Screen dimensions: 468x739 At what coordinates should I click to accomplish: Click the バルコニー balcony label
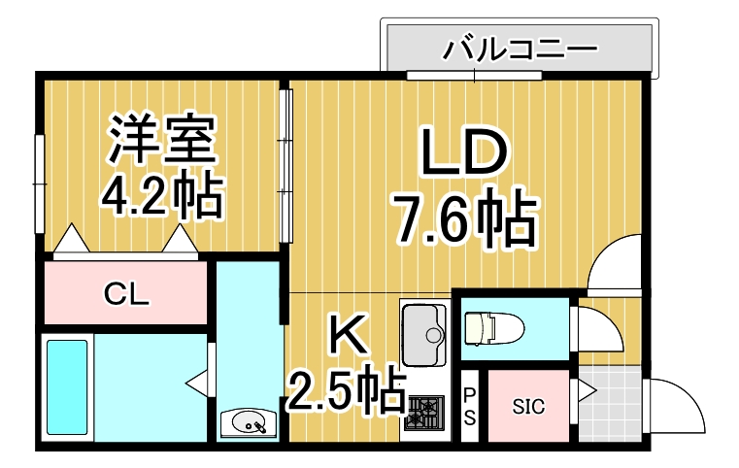[x=520, y=48]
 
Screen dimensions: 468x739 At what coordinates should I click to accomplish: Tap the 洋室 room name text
[x=161, y=142]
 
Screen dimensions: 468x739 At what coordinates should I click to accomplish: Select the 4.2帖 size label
[x=162, y=196]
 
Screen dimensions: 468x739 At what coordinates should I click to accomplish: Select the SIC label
[x=529, y=407]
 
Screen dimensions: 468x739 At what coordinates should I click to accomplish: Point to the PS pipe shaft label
[x=469, y=406]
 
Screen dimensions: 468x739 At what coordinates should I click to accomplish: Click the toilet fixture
[x=492, y=328]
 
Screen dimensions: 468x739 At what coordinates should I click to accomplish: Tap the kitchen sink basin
[x=423, y=329]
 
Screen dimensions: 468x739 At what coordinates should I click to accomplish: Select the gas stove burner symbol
[x=423, y=414]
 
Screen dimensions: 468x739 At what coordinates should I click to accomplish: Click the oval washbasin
[x=249, y=423]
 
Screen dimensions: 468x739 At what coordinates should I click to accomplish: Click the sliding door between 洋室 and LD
[x=286, y=165]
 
